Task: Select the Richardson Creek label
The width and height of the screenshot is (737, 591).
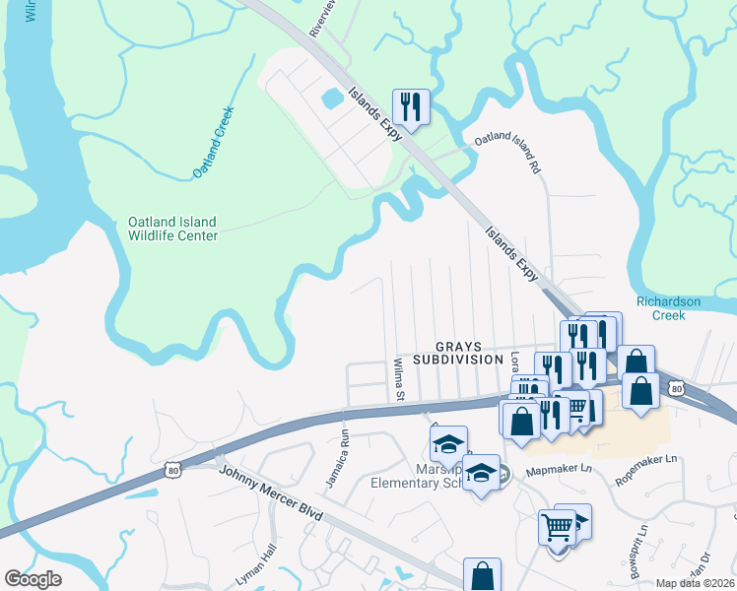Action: tap(674, 308)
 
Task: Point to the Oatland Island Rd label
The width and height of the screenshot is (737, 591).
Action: tap(509, 154)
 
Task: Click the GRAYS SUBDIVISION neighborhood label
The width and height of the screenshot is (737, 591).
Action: tap(458, 354)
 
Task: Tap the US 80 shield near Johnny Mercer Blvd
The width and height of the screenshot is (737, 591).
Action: tap(173, 471)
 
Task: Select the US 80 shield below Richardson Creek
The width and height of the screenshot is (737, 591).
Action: tap(676, 388)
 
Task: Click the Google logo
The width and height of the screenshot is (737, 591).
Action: tap(33, 579)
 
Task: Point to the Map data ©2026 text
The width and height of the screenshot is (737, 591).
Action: tap(696, 583)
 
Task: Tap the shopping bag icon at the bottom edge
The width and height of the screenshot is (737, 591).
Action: tap(482, 575)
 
